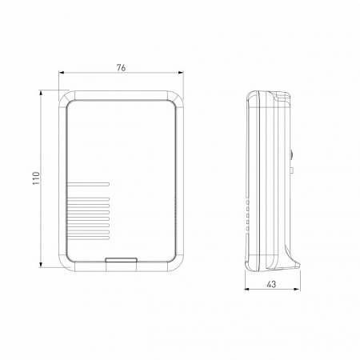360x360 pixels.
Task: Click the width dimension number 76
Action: [121, 68]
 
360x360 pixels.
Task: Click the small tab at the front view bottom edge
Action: [121, 259]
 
